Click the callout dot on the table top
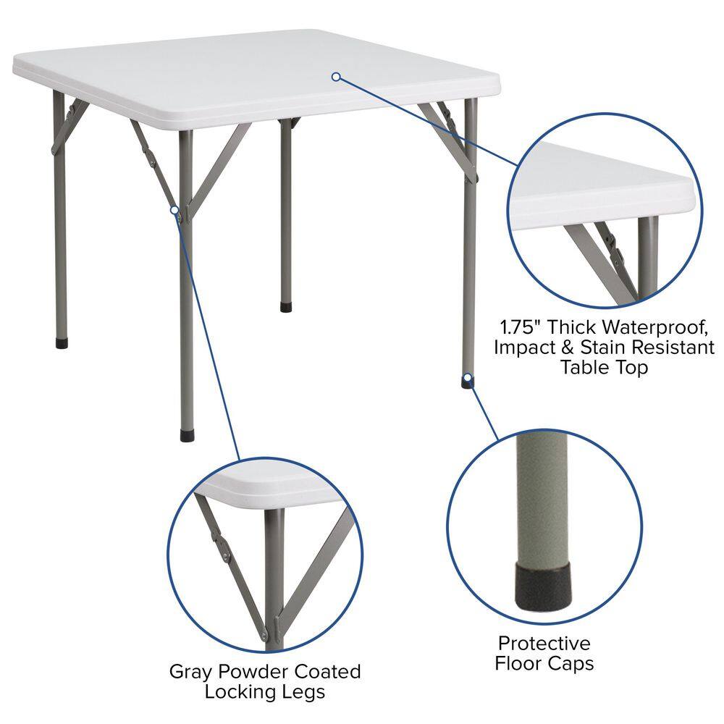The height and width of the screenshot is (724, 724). [x=336, y=76]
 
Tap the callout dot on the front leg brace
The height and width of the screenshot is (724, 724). [x=174, y=210]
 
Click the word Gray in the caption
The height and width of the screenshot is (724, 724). [x=190, y=671]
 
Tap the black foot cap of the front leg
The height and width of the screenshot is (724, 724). [x=186, y=436]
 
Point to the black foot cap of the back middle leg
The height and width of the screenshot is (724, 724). [x=286, y=307]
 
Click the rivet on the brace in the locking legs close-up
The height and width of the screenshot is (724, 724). [x=226, y=557]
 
